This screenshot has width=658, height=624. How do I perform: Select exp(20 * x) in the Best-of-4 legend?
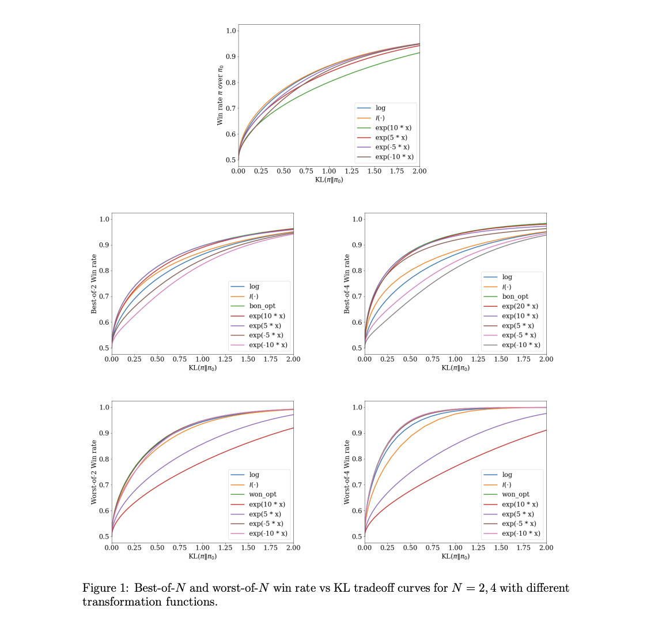pyautogui.click(x=520, y=306)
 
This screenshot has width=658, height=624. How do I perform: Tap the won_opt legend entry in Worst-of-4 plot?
pyautogui.click(x=515, y=494)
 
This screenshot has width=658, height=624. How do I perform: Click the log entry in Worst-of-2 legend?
pyautogui.click(x=254, y=475)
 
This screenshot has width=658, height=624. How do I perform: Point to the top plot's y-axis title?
pyautogui.click(x=220, y=95)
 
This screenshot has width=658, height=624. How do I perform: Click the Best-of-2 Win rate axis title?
pyautogui.click(x=94, y=283)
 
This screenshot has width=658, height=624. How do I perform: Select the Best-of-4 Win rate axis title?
pyautogui.click(x=347, y=283)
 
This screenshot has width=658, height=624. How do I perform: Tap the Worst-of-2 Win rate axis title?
pyautogui.click(x=94, y=472)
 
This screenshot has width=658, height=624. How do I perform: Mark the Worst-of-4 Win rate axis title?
pyautogui.click(x=347, y=472)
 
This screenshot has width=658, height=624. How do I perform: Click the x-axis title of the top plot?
pyautogui.click(x=329, y=180)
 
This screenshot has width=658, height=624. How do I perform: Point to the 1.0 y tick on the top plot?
pyautogui.click(x=230, y=31)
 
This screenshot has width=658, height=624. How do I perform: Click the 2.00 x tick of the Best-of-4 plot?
pyautogui.click(x=546, y=359)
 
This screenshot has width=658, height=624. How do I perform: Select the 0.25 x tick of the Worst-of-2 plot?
pyautogui.click(x=134, y=547)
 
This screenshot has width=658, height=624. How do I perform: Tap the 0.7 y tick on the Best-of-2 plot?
pyautogui.click(x=104, y=296)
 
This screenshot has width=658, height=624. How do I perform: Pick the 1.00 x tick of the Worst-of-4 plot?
pyautogui.click(x=455, y=547)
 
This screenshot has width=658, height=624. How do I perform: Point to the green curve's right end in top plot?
pyautogui.click(x=419, y=53)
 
